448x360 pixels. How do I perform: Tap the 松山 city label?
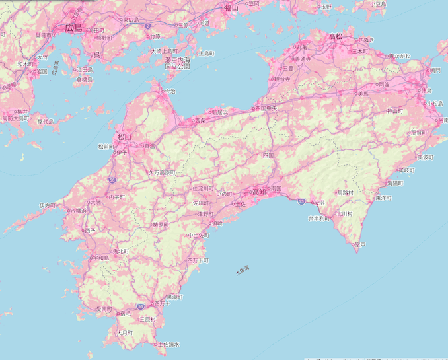(124, 137)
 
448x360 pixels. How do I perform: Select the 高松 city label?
(335, 36)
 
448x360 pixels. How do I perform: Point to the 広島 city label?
(74, 28)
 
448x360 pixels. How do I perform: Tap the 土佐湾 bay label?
(243, 271)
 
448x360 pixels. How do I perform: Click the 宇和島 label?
(100, 258)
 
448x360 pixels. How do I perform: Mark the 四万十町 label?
(198, 261)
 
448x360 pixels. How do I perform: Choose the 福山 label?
(231, 8)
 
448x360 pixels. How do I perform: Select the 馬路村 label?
(345, 193)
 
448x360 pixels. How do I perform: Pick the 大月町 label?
(124, 332)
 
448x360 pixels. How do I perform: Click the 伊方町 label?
(47, 205)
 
